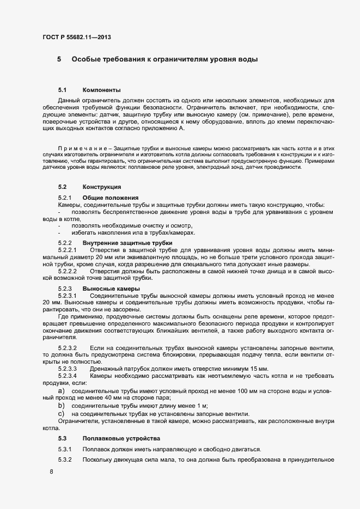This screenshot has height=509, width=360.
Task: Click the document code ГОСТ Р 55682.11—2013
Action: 78,37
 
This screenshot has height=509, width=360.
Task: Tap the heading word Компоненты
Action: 101,90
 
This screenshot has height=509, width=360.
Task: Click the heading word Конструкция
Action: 102,187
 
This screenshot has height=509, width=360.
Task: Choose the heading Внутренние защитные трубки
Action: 127,242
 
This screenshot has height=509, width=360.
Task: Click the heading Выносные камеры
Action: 111,288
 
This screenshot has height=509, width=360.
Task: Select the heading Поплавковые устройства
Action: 118,438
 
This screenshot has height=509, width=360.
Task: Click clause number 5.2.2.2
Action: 68,270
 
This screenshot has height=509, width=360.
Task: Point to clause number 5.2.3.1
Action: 68,295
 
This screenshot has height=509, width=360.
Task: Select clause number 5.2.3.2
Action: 68,347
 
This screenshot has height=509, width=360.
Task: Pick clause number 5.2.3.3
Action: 68,369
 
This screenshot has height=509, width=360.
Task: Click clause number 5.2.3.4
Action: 68,376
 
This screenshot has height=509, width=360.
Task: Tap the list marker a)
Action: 61,391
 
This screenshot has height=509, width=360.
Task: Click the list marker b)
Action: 61,406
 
